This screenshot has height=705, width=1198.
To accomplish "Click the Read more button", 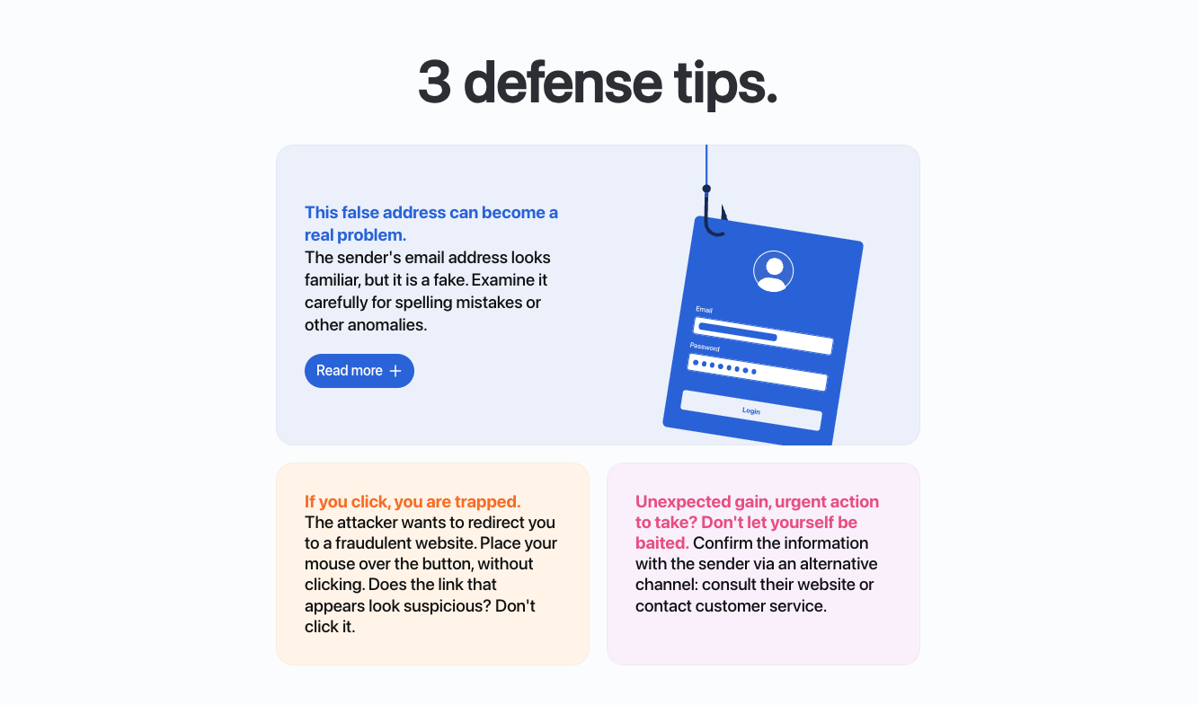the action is click(x=359, y=371).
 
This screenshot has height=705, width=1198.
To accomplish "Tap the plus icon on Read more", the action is click(x=395, y=371).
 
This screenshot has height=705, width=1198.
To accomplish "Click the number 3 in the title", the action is click(x=434, y=83).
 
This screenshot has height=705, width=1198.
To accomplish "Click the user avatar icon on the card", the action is click(x=773, y=271).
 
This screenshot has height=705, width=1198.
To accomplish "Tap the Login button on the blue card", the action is click(x=751, y=410).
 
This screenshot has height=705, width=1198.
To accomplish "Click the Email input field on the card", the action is click(x=763, y=336).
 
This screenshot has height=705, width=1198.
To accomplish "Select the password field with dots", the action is click(x=758, y=372).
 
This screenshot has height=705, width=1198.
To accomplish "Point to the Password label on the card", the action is click(x=705, y=347).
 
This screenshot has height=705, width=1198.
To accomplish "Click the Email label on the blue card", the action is click(x=704, y=310).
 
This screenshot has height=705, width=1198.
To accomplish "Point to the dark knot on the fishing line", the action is click(x=706, y=189).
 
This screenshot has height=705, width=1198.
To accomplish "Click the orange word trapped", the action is click(x=487, y=502).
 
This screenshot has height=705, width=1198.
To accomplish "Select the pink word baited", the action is click(x=661, y=543).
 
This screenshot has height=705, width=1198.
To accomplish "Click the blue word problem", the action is click(x=371, y=235).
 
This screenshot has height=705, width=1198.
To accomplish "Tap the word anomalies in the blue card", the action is click(x=387, y=325).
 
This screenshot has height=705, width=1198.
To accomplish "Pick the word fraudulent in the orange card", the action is click(x=373, y=543).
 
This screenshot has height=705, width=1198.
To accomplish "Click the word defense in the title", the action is click(x=563, y=83).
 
